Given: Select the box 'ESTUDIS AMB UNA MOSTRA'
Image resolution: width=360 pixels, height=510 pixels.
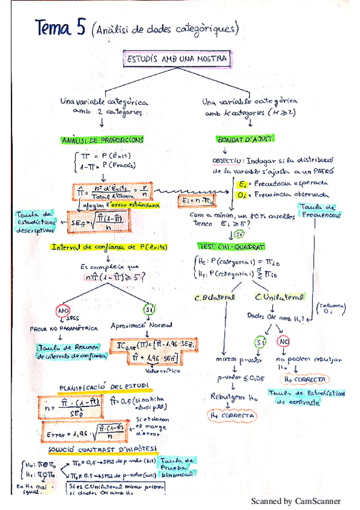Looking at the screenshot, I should pyautogui.click(x=177, y=60).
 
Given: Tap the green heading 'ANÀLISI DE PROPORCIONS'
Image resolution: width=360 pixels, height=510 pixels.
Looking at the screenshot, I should pyautogui.click(x=102, y=140).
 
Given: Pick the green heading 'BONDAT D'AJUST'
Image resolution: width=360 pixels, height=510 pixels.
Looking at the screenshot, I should pyautogui.click(x=245, y=138).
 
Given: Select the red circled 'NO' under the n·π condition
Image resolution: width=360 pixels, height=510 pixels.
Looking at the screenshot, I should pyautogui.click(x=63, y=311).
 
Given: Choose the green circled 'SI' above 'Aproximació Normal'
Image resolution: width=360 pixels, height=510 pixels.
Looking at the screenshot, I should pyautogui.click(x=149, y=309).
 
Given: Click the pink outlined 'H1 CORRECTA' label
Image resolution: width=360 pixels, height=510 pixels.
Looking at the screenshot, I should pyautogui.click(x=231, y=415).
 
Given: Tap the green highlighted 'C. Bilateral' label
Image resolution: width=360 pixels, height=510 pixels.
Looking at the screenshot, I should pyautogui.click(x=214, y=297).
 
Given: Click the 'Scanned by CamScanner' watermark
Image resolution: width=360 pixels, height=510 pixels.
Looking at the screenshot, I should pyautogui.click(x=295, y=500).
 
